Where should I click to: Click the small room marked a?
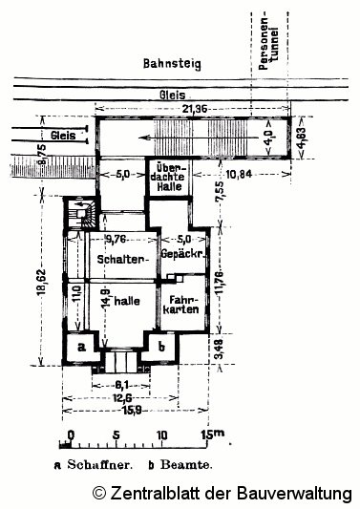pos(82,347)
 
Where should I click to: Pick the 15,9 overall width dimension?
pos(119,410)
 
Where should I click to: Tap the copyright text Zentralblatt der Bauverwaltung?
pos(222,493)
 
